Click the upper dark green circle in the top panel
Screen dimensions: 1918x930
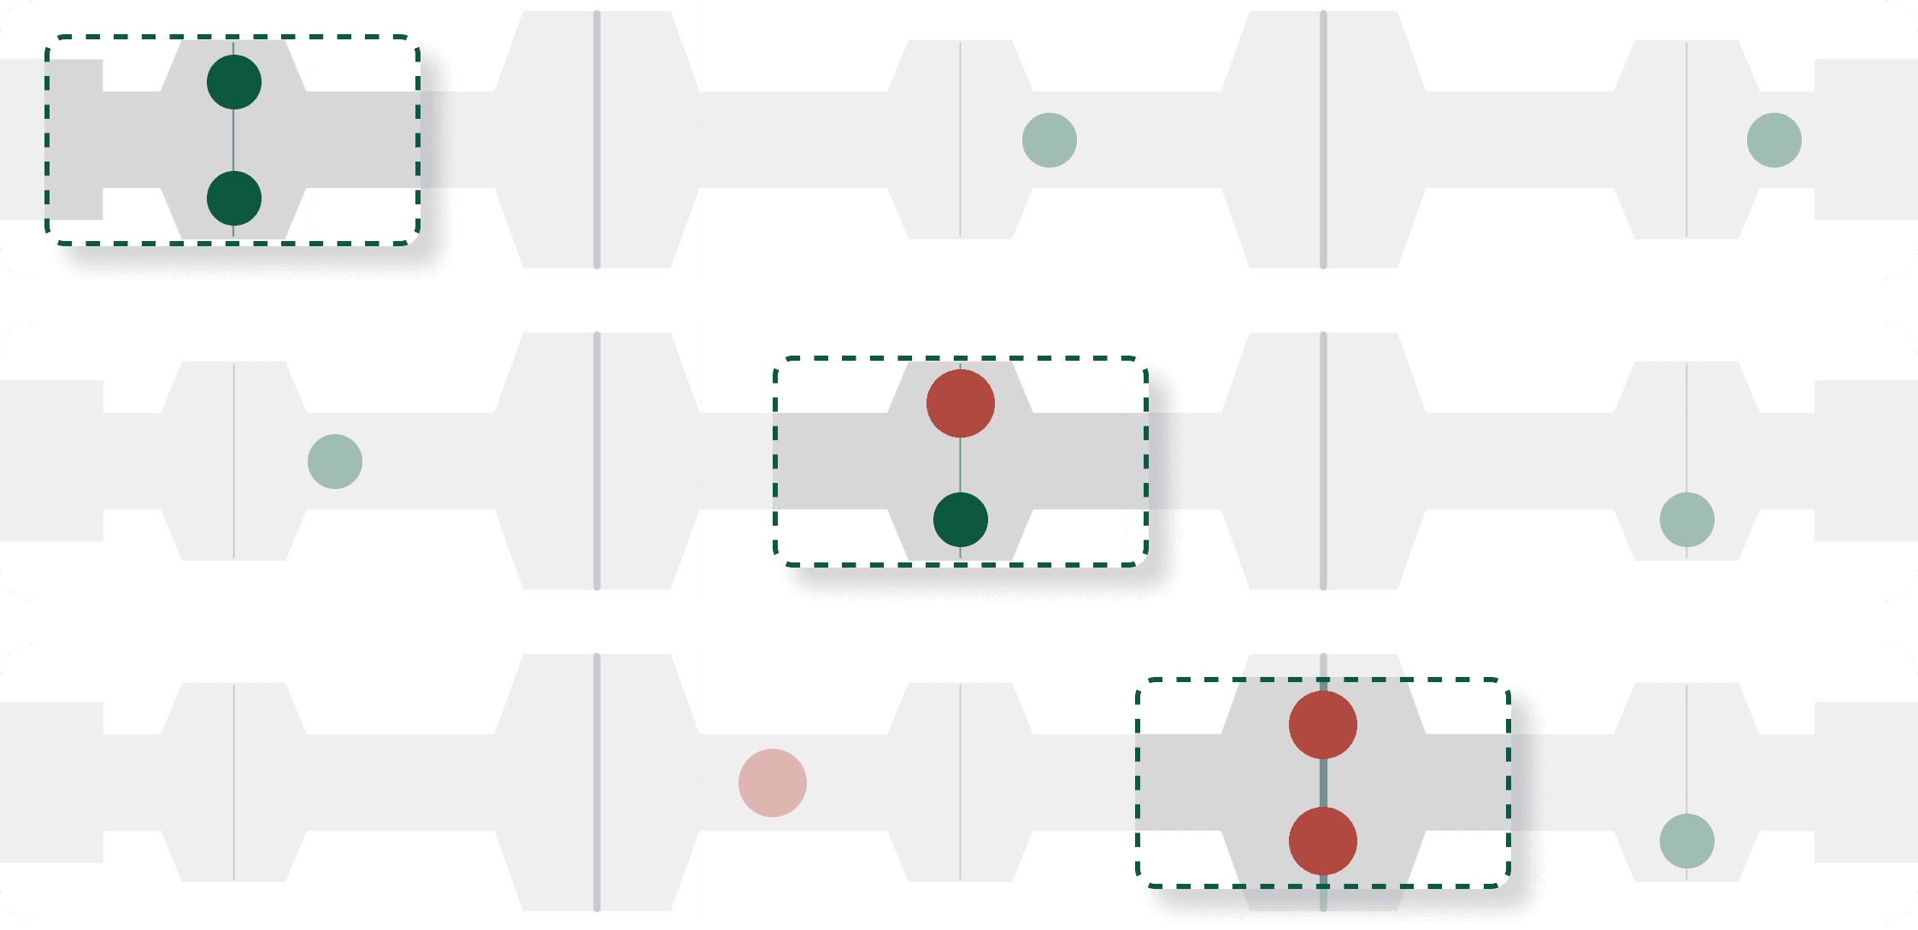234,82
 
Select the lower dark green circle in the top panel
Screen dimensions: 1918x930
234,198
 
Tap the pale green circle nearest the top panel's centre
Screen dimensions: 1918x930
1050,140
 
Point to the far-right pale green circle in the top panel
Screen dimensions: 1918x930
1774,140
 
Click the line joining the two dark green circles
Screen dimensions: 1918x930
234,140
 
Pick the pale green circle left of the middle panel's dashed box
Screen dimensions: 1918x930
335,462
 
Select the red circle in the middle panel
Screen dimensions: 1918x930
961,403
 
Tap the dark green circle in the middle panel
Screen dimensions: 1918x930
961,520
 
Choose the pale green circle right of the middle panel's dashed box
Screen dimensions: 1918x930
1687,520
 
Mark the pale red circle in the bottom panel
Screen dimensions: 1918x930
773,783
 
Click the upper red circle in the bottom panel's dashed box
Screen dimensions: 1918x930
1323,725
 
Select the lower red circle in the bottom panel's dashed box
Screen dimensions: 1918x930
1323,841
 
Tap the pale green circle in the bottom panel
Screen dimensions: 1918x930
1687,841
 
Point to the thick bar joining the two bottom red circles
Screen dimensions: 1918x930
1323,783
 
